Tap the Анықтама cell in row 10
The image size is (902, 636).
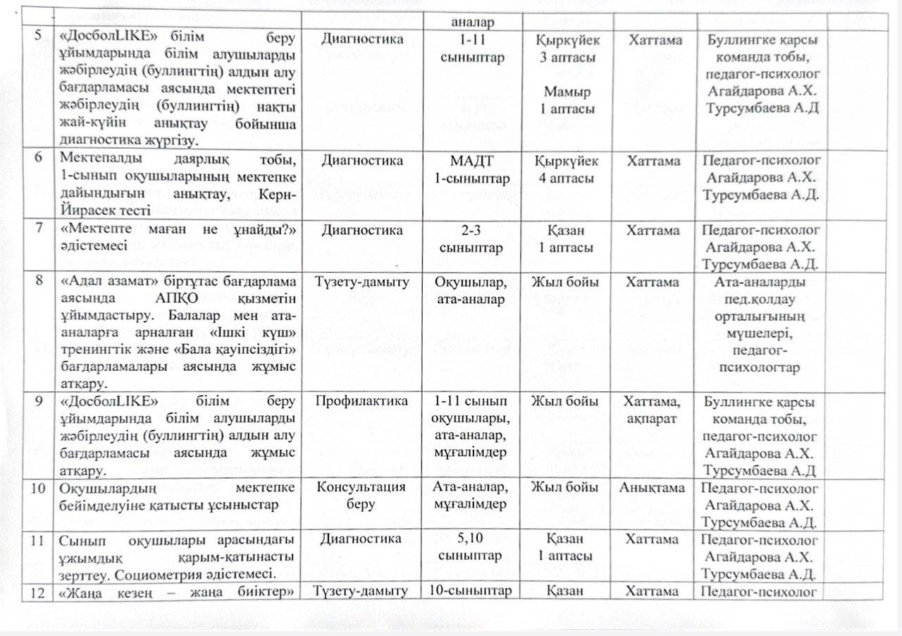pos(655,488)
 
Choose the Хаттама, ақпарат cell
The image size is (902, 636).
pos(655,410)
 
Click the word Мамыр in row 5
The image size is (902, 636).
pos(567,92)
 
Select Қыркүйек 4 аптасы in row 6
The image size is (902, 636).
pos(567,170)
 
